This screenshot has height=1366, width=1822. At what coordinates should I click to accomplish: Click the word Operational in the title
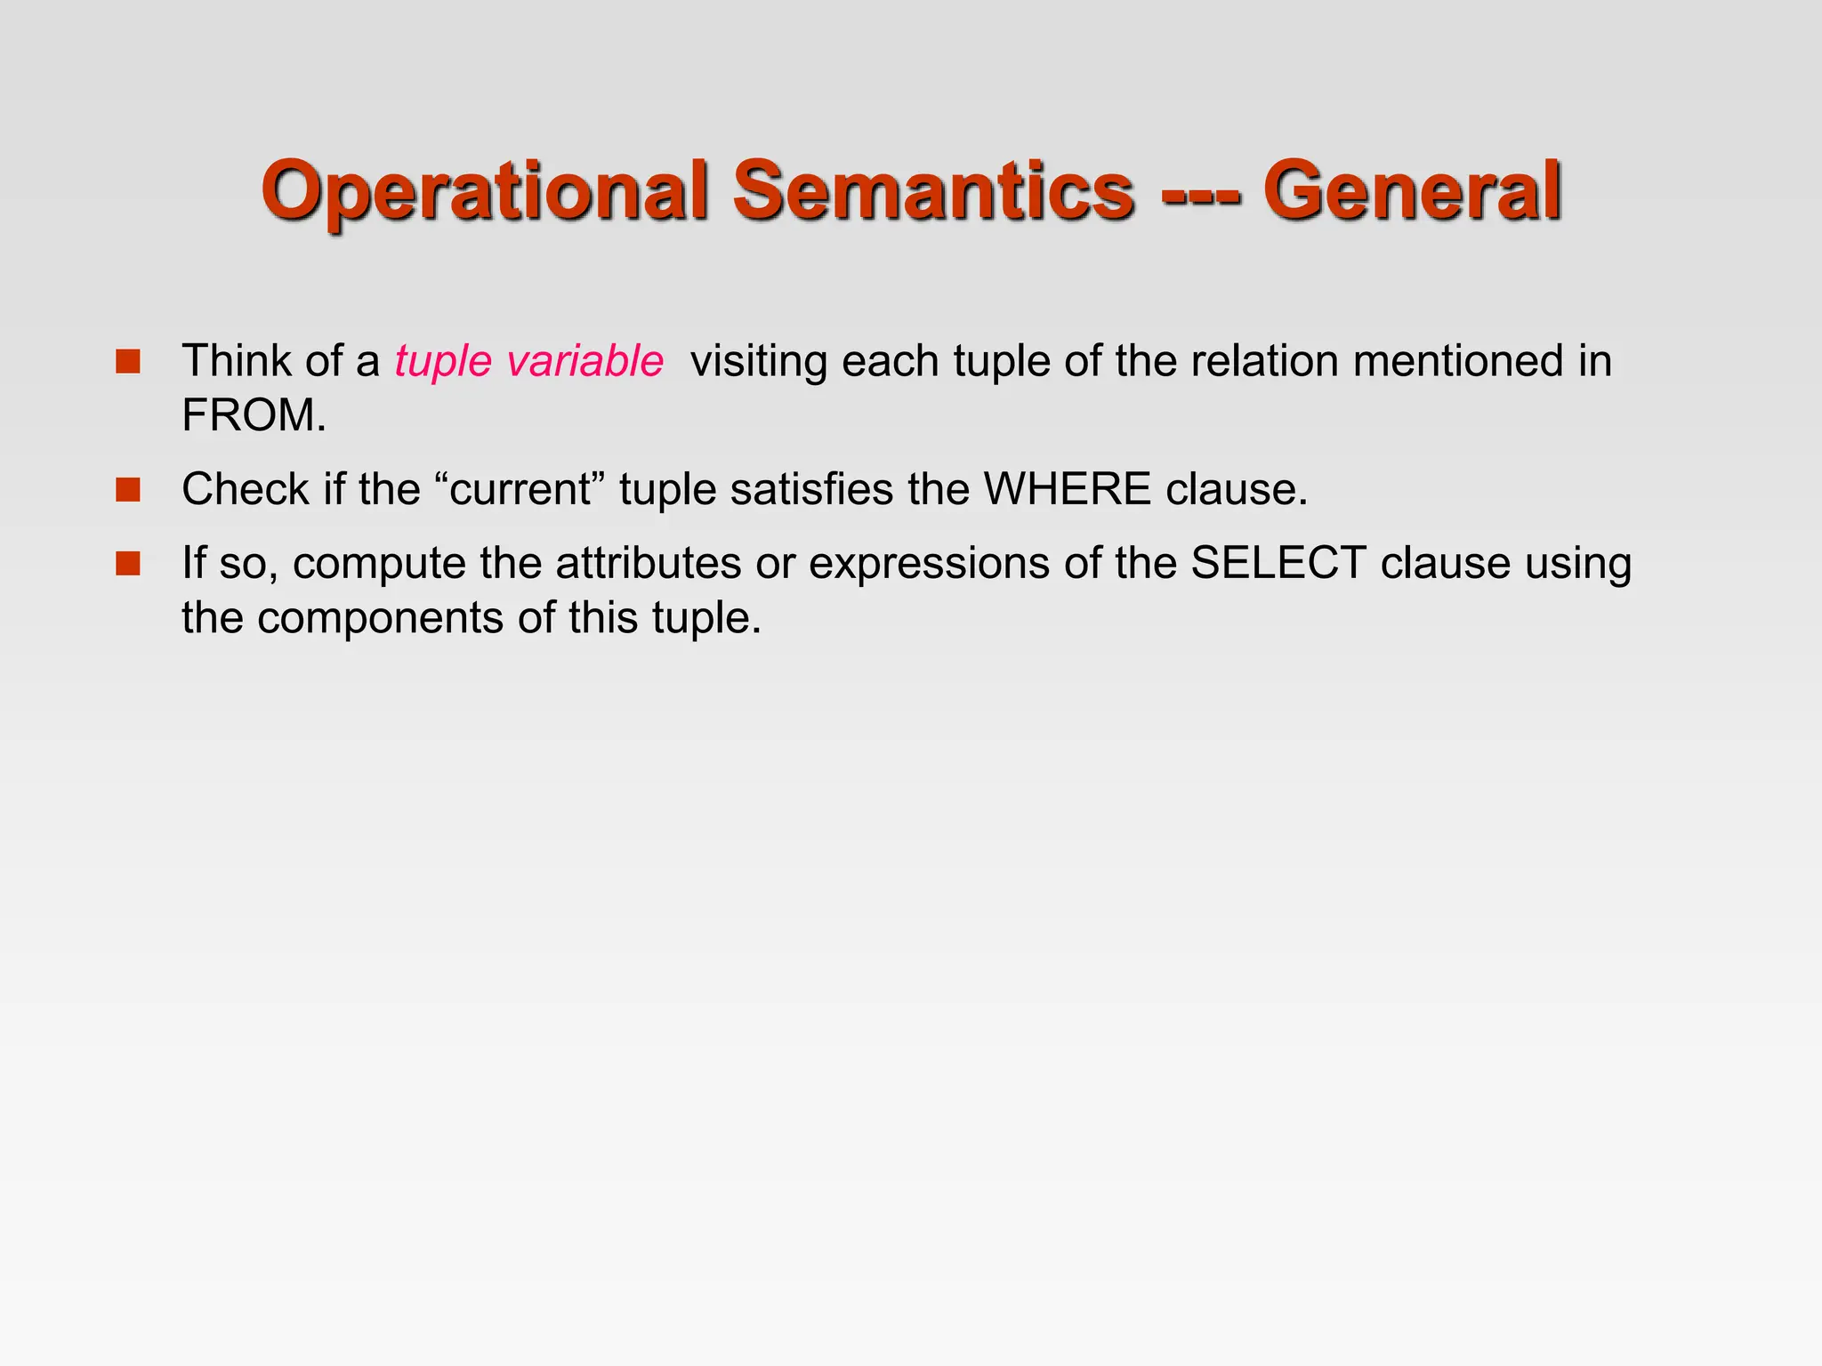click(x=484, y=192)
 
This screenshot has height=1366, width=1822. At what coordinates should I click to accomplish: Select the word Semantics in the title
click(x=933, y=192)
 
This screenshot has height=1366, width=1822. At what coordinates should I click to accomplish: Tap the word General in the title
click(x=1412, y=192)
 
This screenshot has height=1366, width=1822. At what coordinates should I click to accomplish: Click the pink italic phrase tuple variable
click(x=529, y=362)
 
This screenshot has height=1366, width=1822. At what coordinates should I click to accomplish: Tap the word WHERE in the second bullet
click(x=1067, y=489)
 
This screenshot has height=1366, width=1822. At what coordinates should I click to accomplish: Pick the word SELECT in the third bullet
click(x=1278, y=564)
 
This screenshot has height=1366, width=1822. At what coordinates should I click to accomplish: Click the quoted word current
click(x=520, y=490)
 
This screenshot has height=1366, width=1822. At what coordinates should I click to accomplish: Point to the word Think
click(x=236, y=361)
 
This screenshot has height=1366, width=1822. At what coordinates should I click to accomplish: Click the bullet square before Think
click(x=128, y=361)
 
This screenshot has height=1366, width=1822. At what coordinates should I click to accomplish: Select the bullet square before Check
click(x=128, y=490)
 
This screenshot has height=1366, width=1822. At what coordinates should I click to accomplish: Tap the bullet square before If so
click(x=128, y=564)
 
